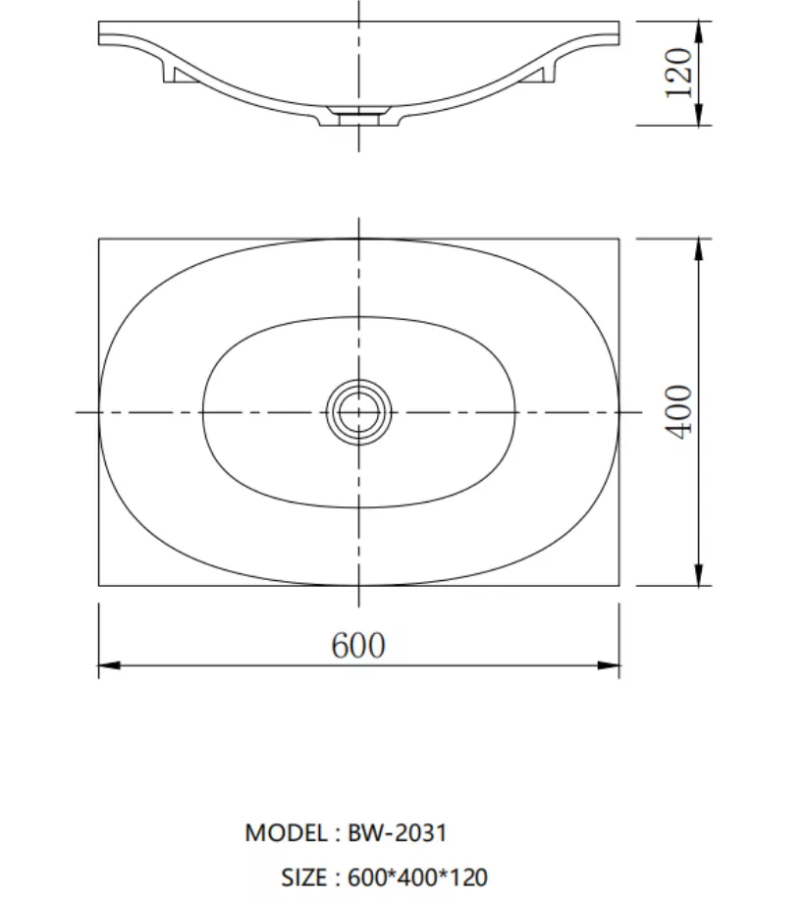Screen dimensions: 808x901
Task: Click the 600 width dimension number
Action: [x=358, y=645]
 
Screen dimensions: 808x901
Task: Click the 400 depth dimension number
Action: [x=678, y=412]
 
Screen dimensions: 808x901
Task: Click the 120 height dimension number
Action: [x=678, y=73]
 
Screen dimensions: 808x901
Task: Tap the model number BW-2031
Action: [x=397, y=832]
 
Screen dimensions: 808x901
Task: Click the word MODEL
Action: [x=286, y=832]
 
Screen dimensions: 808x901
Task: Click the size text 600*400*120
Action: [x=418, y=877]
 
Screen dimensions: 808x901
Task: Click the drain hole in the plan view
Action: [x=358, y=412]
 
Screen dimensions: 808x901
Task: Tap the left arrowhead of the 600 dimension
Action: [x=109, y=665]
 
